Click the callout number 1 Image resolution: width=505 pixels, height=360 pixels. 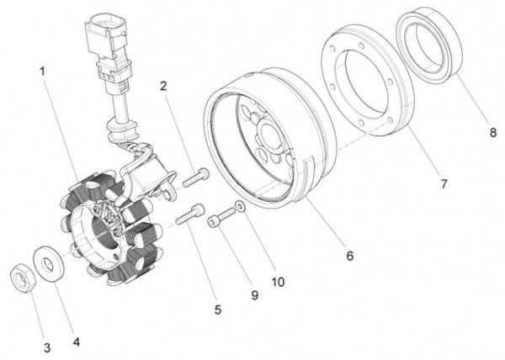(42, 71)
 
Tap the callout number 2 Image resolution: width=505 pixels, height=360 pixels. (163, 86)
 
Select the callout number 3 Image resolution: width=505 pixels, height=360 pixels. (47, 347)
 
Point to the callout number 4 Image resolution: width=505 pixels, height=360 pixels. (77, 342)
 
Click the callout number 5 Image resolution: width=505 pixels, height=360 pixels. (218, 310)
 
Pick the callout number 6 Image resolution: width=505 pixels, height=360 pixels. (350, 256)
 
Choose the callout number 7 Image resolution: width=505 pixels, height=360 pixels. (444, 184)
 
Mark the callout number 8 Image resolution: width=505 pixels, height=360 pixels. (493, 132)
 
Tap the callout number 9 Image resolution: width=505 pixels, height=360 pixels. (255, 295)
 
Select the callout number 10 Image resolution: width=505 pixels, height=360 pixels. (278, 282)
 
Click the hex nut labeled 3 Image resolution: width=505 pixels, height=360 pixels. (22, 278)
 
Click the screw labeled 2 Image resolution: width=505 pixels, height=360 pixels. (195, 177)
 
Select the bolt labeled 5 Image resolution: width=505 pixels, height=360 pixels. (190, 214)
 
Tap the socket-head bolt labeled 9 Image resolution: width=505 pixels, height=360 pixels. (222, 218)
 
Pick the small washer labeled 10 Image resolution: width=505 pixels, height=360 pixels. (241, 207)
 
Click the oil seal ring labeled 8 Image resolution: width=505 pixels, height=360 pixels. (429, 45)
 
